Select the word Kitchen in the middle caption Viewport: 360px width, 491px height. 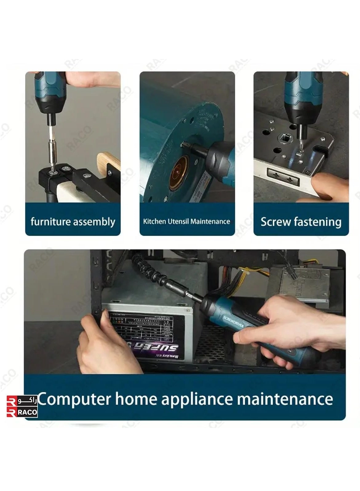[154, 221]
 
